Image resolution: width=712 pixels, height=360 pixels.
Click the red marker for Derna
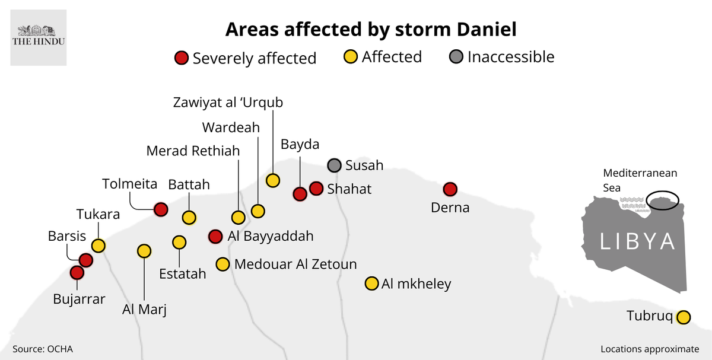point(450,189)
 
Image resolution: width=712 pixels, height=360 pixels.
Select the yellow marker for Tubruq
point(683,317)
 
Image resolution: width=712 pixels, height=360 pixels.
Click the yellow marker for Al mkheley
point(371,283)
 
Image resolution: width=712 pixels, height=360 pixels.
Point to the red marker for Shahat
point(316,189)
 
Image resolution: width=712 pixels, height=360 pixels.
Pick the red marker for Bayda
point(300,193)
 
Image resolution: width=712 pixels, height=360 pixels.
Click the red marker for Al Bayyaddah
point(215,236)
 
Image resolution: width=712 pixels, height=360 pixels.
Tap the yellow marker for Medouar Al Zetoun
point(223,264)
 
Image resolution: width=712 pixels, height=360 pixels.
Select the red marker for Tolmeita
point(160,209)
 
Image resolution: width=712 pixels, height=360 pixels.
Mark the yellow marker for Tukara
point(98,245)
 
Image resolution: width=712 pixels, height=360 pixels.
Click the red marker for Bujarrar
point(77,273)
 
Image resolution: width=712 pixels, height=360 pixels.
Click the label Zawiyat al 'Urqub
point(228,102)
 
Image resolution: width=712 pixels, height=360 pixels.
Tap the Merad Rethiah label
point(193,151)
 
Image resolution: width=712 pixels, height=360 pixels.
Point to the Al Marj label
point(144,309)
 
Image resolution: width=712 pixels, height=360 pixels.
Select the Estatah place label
point(183,273)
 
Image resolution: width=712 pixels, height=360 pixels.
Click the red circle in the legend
point(181,58)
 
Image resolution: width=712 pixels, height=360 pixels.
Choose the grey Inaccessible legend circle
point(456,58)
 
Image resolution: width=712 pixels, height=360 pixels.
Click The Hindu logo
point(39,37)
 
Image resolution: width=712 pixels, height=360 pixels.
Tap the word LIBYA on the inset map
point(637,241)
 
